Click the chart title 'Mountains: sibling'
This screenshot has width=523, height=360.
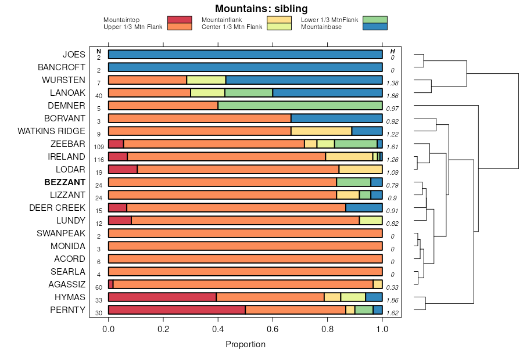click(261, 9)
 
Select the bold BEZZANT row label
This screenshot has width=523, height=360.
click(65, 182)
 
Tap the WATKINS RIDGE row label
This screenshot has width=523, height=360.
click(51, 131)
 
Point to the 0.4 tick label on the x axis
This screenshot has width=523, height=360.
click(218, 329)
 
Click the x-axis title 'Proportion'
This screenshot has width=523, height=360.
click(245, 344)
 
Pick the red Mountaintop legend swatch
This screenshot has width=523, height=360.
click(180, 20)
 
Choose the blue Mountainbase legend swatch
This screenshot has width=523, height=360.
click(374, 27)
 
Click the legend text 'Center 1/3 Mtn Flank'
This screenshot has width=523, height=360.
click(231, 27)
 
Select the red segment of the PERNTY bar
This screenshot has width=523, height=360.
click(177, 310)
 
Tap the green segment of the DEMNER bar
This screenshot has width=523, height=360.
click(300, 106)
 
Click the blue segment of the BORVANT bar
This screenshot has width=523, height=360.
click(336, 118)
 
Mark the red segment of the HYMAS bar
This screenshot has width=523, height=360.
click(162, 297)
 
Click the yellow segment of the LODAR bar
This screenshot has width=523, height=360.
click(360, 170)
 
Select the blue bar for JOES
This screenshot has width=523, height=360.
click(245, 55)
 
